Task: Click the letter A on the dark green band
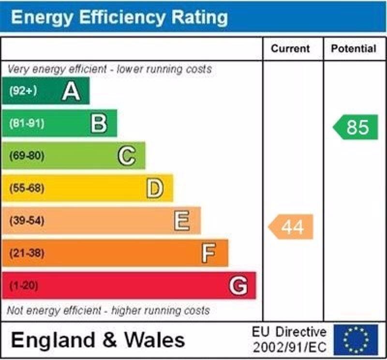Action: click(x=71, y=91)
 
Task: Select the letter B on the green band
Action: click(x=99, y=123)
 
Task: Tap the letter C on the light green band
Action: click(x=127, y=156)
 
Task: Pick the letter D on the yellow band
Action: click(x=155, y=188)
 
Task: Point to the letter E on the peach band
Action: click(x=182, y=221)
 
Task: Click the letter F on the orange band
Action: click(x=208, y=253)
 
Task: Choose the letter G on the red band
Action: click(x=238, y=285)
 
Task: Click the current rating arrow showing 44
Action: click(x=291, y=226)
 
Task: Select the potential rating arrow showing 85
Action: click(x=356, y=127)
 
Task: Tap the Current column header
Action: click(x=290, y=48)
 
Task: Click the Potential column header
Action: click(x=353, y=48)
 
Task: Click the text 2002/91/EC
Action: click(x=289, y=347)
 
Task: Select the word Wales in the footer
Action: click(x=155, y=340)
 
